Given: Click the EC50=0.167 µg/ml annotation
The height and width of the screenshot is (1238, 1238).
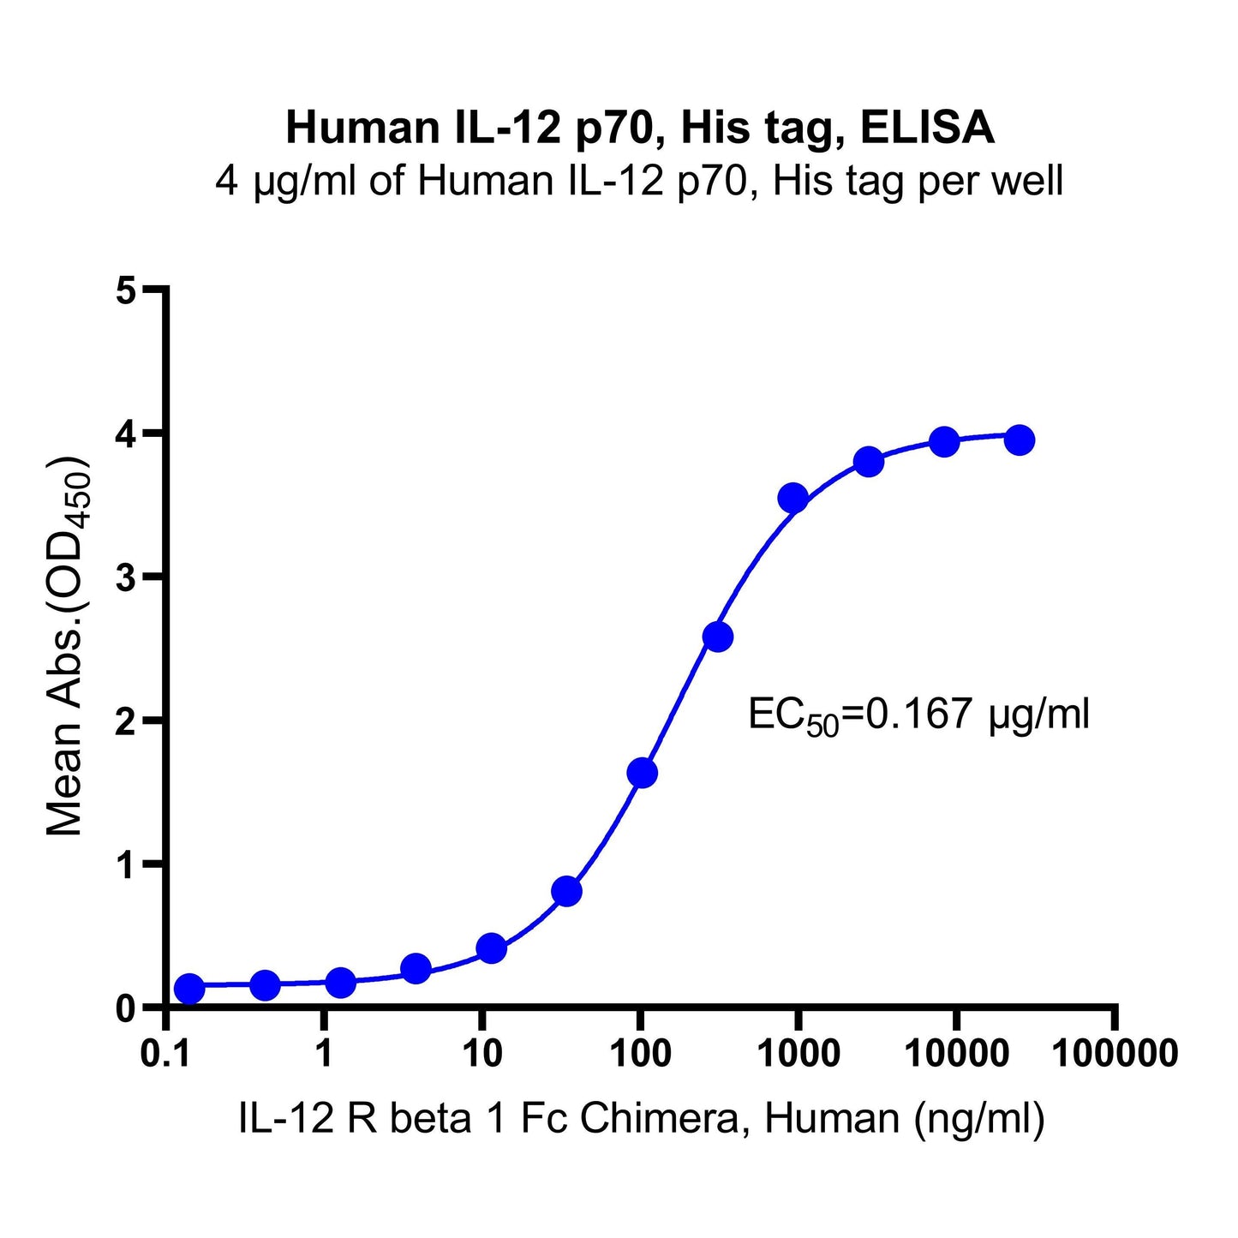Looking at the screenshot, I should [918, 715].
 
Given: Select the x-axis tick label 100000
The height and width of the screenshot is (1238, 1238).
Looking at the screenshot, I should [1114, 1053].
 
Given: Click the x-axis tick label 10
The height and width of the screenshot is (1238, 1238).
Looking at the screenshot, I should [482, 1053].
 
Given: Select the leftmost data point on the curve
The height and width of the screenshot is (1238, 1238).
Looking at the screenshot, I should [189, 989].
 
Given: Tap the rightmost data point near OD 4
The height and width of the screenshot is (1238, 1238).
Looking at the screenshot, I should [1019, 440].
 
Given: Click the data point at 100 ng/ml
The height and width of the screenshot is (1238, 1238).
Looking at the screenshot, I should [642, 773].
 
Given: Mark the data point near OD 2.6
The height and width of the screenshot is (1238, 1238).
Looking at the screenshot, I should [717, 637].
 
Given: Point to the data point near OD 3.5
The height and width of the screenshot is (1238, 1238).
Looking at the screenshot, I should [792, 498].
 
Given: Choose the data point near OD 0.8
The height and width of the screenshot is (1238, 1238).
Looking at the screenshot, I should [566, 891].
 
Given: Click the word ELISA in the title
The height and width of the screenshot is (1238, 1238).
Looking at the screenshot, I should [927, 129].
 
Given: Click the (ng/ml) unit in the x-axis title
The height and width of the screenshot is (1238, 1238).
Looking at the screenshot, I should [979, 1119].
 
